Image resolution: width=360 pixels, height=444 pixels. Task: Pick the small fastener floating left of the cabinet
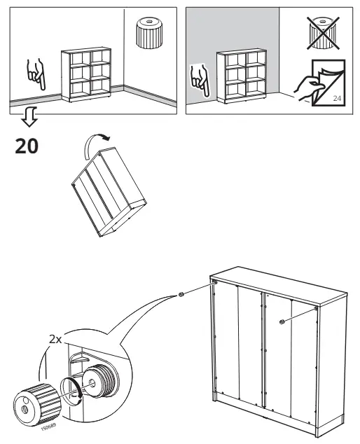(x=181, y=296)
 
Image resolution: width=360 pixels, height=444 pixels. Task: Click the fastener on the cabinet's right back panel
(x=282, y=322)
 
